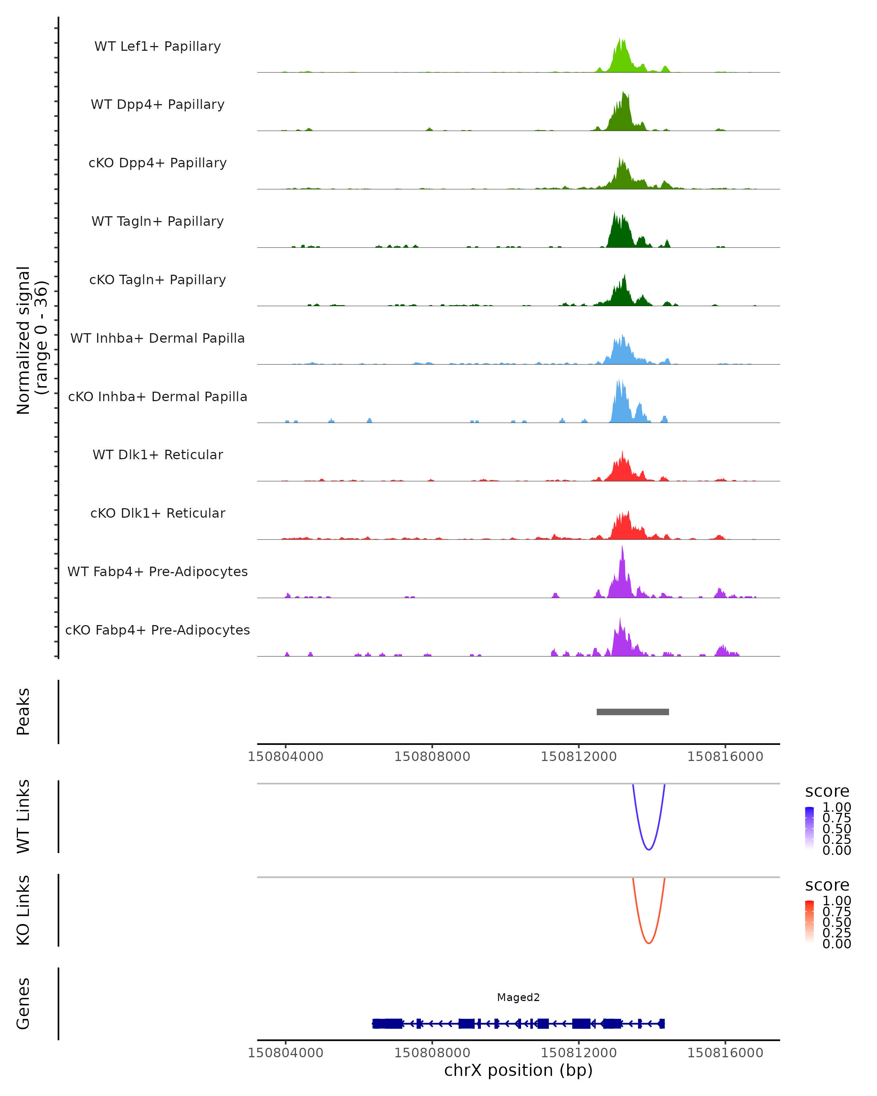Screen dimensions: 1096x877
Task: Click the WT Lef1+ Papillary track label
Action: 157,46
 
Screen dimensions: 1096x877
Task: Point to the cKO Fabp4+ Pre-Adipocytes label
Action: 157,630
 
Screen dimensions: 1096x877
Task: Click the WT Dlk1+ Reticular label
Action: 157,454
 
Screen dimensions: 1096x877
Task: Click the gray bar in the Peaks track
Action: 633,712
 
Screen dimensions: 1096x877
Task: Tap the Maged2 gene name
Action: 518,997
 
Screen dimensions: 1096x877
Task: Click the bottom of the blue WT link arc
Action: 649,849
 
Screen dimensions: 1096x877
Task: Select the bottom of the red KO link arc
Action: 649,943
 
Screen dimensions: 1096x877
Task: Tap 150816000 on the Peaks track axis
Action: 725,757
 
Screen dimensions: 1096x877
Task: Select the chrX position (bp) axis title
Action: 518,1070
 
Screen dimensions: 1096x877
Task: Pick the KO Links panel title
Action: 23,910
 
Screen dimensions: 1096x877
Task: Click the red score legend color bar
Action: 809,922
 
